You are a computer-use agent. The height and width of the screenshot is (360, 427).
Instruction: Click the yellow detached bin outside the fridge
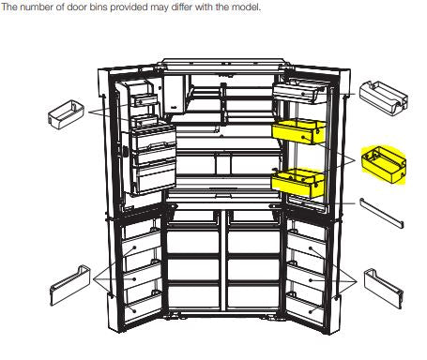[384, 165]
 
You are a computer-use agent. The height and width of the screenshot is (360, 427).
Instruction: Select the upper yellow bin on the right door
[299, 132]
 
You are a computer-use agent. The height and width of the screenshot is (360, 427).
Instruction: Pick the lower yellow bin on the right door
[297, 183]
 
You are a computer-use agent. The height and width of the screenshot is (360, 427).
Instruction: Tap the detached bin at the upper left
[66, 114]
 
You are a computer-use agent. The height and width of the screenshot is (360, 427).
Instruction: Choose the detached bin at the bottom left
[70, 286]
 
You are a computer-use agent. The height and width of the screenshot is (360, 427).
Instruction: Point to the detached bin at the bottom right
[384, 289]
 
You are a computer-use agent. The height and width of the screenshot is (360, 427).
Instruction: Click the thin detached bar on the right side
[382, 212]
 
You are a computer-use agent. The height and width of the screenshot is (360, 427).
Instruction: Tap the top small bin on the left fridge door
[145, 100]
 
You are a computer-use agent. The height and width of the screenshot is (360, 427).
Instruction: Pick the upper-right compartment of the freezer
[253, 242]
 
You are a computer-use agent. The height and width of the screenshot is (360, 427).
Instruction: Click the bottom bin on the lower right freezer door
[306, 307]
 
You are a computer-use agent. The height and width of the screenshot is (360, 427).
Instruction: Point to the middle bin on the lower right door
[306, 277]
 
